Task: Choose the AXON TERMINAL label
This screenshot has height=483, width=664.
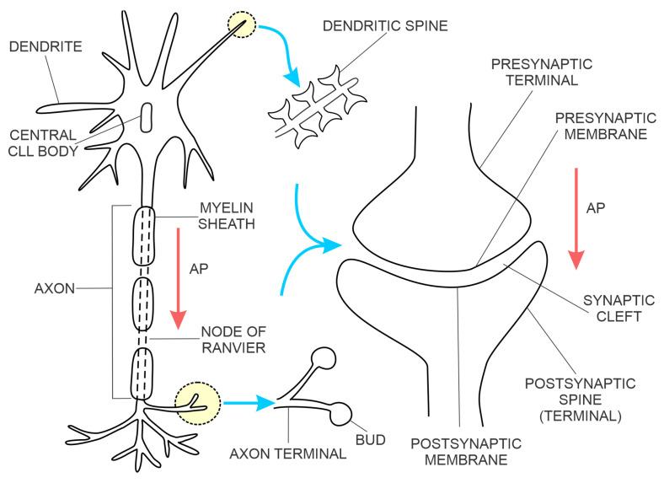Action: pos(287,453)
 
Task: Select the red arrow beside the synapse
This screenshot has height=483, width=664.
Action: pos(577,218)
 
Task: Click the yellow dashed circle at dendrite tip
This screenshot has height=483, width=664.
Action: pos(243,24)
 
